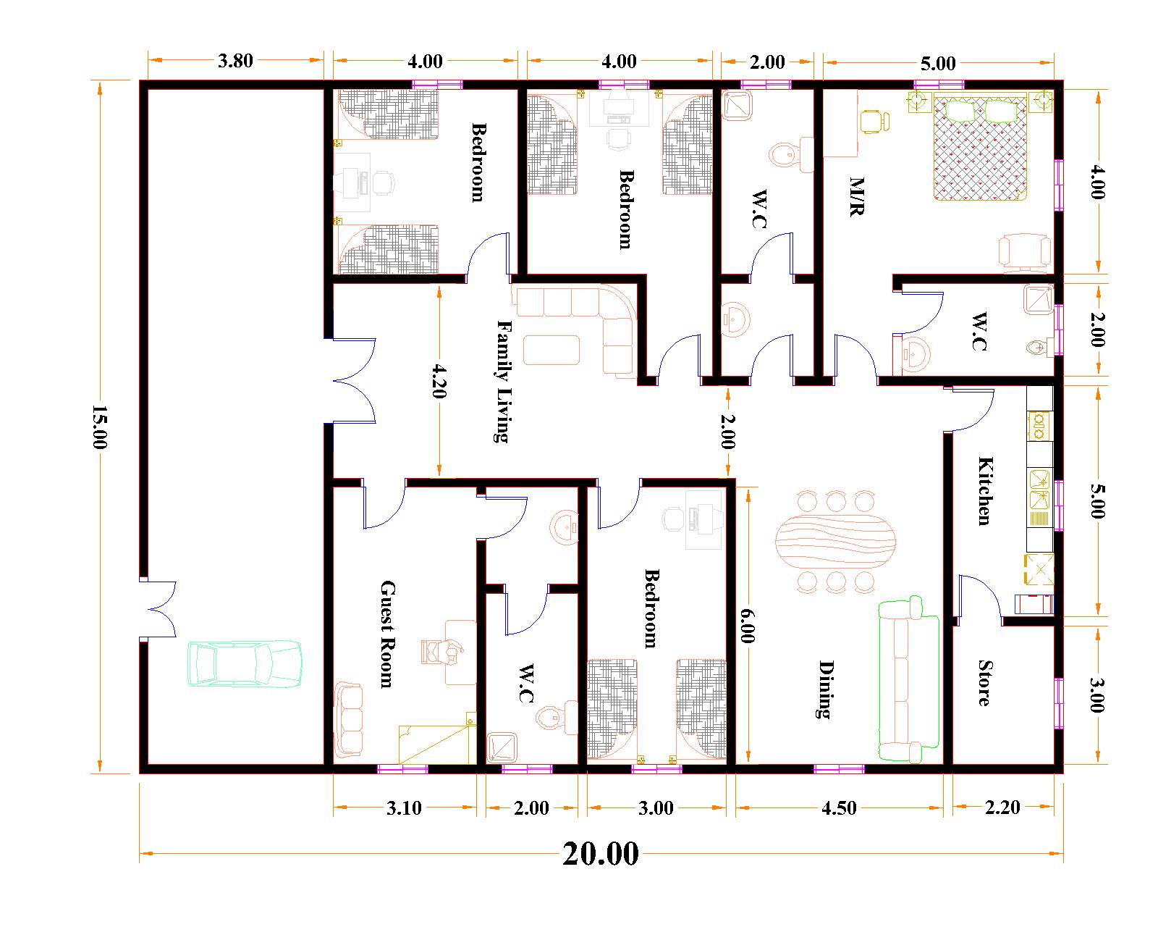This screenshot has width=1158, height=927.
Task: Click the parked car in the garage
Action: point(245,663)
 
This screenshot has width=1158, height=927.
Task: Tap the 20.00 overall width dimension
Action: point(601,854)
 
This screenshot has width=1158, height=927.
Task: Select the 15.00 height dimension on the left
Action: point(99,427)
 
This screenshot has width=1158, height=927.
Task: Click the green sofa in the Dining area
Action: point(908,681)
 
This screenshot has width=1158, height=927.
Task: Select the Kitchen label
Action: point(984,490)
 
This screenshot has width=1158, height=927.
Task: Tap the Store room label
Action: point(984,682)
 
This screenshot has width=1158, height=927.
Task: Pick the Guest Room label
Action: point(386,634)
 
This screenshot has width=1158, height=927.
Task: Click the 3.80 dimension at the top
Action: point(235,61)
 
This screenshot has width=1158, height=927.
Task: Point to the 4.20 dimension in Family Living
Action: point(439,381)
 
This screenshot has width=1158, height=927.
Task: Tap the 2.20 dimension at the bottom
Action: point(1002,807)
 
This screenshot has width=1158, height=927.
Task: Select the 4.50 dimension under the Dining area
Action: point(839,808)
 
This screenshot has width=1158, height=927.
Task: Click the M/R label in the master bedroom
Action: point(857,197)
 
